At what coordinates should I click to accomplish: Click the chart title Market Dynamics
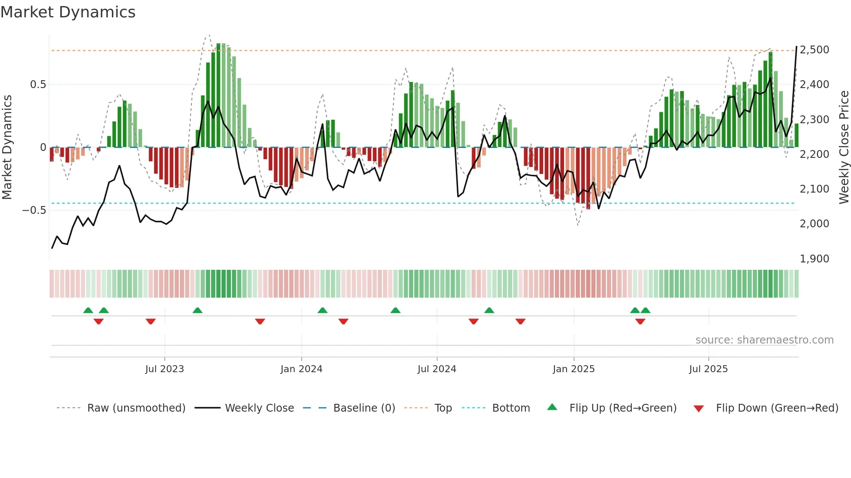(68, 12)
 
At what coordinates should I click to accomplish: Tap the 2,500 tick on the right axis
(815, 50)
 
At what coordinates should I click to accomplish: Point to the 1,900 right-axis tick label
(815, 259)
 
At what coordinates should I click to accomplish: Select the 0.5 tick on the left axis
(38, 85)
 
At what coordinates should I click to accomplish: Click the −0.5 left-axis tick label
(34, 210)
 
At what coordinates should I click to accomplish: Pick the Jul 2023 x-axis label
(165, 369)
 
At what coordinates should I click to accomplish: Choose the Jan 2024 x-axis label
(301, 369)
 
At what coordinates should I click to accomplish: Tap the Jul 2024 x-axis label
(437, 369)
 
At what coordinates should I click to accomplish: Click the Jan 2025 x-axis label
(574, 369)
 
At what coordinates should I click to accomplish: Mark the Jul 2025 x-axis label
(708, 369)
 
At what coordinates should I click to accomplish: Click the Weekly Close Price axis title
(844, 147)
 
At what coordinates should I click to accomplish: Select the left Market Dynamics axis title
(7, 147)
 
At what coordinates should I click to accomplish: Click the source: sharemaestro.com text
(764, 340)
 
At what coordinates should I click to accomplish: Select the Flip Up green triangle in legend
(552, 407)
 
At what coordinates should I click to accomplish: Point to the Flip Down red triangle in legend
(699, 409)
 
